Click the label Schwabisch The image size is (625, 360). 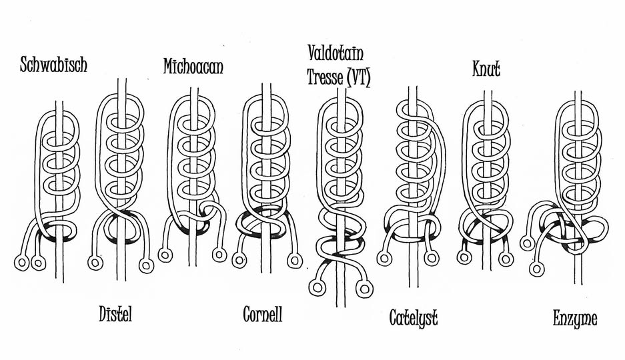tap(54, 65)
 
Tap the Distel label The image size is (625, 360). tap(115, 314)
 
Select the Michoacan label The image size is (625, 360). tap(193, 67)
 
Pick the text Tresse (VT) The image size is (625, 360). tap(339, 77)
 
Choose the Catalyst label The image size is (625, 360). tap(414, 318)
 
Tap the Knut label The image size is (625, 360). tap(486, 68)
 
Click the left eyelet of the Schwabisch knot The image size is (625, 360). tap(22, 263)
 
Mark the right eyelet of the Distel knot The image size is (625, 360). tap(145, 265)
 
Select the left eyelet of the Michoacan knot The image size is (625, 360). tap(165, 255)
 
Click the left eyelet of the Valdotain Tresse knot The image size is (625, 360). tap(317, 288)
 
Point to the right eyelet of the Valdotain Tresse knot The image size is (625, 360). tap(364, 288)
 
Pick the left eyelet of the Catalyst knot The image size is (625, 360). tap(384, 258)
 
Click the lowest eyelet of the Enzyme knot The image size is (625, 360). tap(536, 269)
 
